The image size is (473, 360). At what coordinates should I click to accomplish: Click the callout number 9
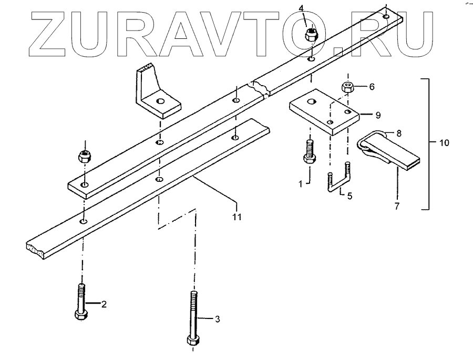(x=378, y=114)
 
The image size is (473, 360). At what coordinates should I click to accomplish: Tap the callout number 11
(x=237, y=216)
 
